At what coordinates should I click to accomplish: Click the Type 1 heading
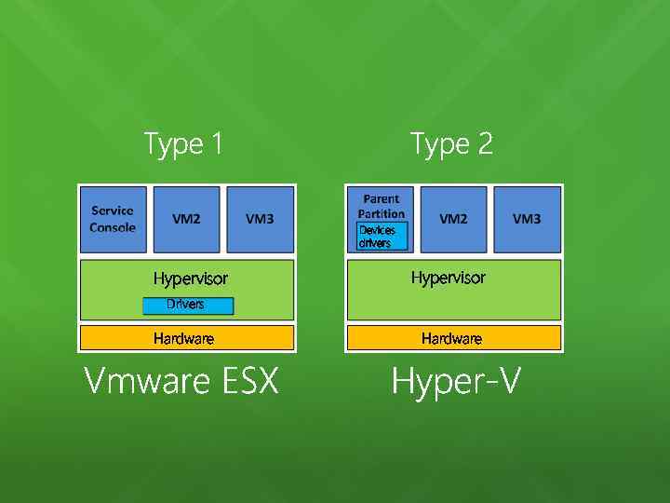click(x=183, y=144)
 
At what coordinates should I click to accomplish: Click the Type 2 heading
click(x=451, y=144)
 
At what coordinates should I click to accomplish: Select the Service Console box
click(x=113, y=220)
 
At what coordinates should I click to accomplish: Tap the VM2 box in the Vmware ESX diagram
click(x=186, y=220)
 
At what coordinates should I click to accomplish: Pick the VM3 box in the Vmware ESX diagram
click(x=260, y=220)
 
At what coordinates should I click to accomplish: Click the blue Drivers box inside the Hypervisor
click(x=187, y=306)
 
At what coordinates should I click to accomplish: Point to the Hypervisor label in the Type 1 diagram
click(x=190, y=279)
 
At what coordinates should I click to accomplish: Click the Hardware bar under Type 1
click(x=186, y=338)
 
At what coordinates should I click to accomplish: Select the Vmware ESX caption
click(x=181, y=381)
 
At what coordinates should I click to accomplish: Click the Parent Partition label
click(x=381, y=206)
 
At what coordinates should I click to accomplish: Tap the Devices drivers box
click(x=381, y=237)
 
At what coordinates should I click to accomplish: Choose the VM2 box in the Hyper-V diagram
click(x=453, y=220)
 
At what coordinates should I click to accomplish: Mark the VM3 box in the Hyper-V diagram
click(x=527, y=220)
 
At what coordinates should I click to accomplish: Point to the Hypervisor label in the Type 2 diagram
click(x=448, y=278)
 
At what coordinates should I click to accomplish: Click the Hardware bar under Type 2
click(x=453, y=338)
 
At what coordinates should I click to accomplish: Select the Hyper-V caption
click(x=455, y=381)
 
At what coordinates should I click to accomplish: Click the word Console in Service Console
click(x=113, y=227)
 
